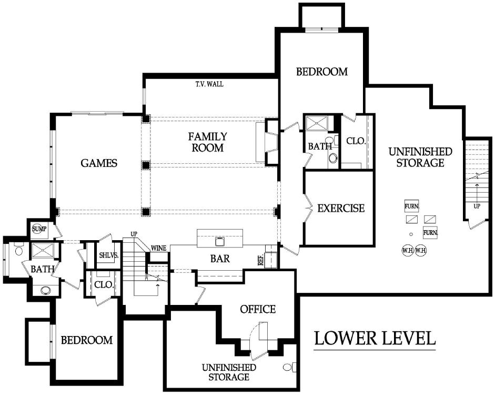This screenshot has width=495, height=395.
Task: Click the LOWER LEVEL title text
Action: point(375,338)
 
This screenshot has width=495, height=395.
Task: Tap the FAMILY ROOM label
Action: point(207,142)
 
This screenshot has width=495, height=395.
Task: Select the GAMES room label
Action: point(99,163)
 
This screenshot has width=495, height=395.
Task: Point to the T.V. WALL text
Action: point(209,84)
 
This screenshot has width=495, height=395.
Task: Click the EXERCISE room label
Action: point(341,208)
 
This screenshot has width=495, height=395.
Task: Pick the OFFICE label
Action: point(258,309)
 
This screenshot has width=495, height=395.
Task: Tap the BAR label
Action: point(220,259)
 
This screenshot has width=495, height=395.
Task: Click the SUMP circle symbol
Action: point(39,229)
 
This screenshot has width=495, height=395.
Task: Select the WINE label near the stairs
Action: point(158,249)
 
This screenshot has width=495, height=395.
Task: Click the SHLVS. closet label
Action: point(108,255)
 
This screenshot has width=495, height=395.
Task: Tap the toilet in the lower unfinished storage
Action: point(289,367)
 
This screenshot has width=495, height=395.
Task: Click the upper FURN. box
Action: point(412,206)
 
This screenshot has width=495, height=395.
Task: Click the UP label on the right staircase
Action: point(477,206)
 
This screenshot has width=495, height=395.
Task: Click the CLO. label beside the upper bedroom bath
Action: point(356,141)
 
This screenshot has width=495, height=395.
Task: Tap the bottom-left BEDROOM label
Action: point(86,340)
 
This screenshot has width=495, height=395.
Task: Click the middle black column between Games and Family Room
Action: point(146,165)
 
